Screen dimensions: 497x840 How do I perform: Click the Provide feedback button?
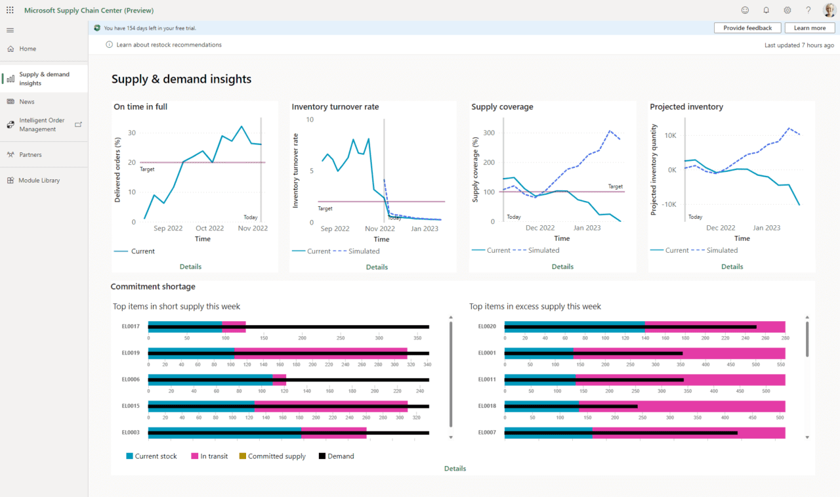pos(747,28)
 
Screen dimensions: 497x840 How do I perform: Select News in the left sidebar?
pos(27,102)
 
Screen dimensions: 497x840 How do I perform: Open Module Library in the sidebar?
pos(39,181)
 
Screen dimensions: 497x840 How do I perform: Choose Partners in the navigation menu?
pos(30,155)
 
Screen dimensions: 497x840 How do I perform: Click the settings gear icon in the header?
pos(787,11)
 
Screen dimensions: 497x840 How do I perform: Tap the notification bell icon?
pos(766,11)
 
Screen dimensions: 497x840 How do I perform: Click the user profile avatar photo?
pos(829,11)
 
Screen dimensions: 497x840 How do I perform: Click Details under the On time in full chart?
pos(190,267)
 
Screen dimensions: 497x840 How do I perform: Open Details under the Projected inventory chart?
pos(732,267)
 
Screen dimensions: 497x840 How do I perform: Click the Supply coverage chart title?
pos(502,107)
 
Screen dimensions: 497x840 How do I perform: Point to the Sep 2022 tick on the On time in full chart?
pos(168,228)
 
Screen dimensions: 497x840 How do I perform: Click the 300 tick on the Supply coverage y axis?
pos(488,133)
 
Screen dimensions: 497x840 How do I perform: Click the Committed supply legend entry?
pos(276,456)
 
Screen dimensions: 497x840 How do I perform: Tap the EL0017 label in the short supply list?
pos(131,326)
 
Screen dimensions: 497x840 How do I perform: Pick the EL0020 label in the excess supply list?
pos(487,326)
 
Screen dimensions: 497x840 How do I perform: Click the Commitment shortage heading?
pos(153,287)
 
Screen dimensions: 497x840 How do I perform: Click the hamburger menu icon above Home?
pos(10,30)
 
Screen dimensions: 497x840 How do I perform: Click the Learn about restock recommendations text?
pos(169,45)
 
